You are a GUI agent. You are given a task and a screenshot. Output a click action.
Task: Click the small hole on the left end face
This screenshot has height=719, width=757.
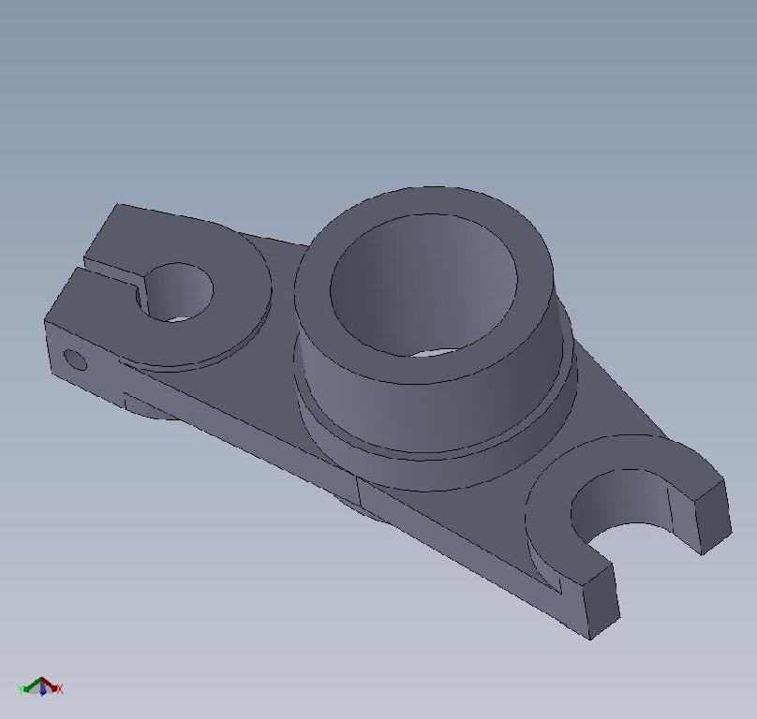click(75, 359)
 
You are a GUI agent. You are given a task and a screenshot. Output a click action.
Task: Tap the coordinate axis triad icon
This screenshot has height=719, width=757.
click(40, 687)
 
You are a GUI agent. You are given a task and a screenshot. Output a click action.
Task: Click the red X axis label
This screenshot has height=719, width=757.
click(59, 689)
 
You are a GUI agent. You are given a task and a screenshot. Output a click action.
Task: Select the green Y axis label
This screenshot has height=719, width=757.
click(21, 689)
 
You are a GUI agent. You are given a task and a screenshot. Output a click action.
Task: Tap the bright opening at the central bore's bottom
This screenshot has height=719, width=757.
click(436, 352)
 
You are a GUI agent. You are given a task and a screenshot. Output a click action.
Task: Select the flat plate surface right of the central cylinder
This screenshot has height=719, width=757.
click(609, 403)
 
